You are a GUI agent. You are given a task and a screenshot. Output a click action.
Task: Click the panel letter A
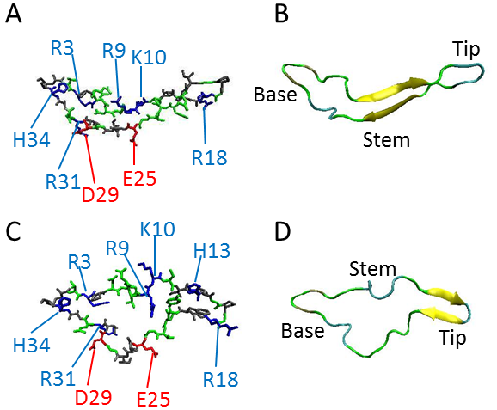click(14, 15)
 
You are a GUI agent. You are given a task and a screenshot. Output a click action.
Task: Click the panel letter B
click(281, 15)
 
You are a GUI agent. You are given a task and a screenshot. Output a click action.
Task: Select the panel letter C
click(13, 231)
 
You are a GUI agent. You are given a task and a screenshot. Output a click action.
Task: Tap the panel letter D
click(283, 231)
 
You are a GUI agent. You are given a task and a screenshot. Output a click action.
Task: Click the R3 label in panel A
click(63, 48)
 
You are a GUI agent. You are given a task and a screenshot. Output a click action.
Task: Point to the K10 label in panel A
click(149, 58)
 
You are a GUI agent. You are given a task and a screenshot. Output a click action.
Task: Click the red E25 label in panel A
click(139, 179)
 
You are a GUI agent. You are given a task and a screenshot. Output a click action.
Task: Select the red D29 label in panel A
click(100, 194)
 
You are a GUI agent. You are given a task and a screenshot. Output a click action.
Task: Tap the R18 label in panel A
click(210, 158)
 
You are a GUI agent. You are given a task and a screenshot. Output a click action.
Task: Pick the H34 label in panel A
click(31, 140)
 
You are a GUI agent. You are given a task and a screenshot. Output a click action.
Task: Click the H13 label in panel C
click(212, 251)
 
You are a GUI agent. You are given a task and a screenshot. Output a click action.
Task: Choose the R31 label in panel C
click(58, 378)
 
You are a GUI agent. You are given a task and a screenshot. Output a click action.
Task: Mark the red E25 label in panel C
click(153, 399)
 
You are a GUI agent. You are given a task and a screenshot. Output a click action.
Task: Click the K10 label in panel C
click(157, 229)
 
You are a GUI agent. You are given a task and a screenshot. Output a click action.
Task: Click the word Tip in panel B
click(467, 50)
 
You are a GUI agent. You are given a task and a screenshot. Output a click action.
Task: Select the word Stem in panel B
click(386, 140)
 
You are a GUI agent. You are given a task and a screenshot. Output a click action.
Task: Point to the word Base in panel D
click(303, 330)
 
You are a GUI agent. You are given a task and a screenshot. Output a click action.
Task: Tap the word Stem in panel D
click(373, 269)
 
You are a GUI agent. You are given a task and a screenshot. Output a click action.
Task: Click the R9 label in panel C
click(117, 248)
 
